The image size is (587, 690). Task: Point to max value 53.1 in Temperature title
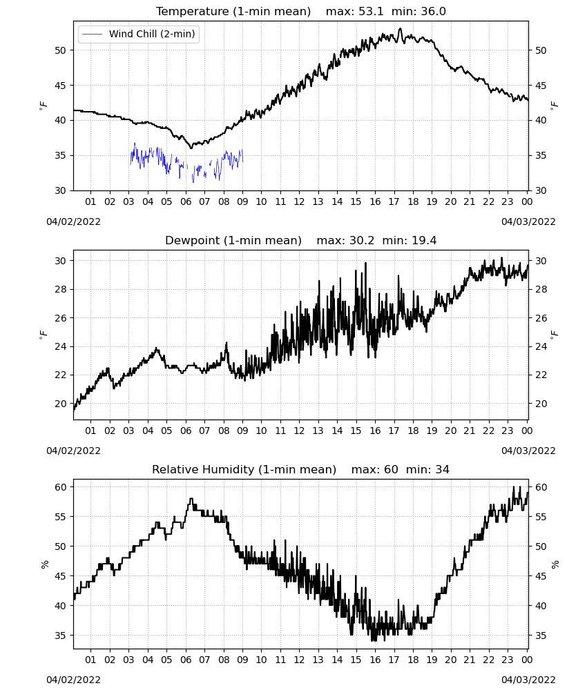371,11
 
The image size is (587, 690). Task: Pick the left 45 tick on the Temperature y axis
60,86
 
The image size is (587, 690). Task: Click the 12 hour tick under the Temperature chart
300,201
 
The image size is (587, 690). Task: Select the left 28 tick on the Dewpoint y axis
60,289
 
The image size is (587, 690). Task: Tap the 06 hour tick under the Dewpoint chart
186,431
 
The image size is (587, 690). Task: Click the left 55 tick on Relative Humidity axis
60,517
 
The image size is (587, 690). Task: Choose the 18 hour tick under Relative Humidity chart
413,660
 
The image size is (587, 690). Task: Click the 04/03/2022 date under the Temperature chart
528,221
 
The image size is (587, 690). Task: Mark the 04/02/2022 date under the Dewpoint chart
73,451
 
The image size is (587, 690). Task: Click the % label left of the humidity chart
44,564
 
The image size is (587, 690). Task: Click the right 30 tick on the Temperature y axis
541,190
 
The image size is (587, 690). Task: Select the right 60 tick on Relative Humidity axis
541,487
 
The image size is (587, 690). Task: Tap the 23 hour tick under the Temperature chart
508,201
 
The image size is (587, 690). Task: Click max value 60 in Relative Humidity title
391,469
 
